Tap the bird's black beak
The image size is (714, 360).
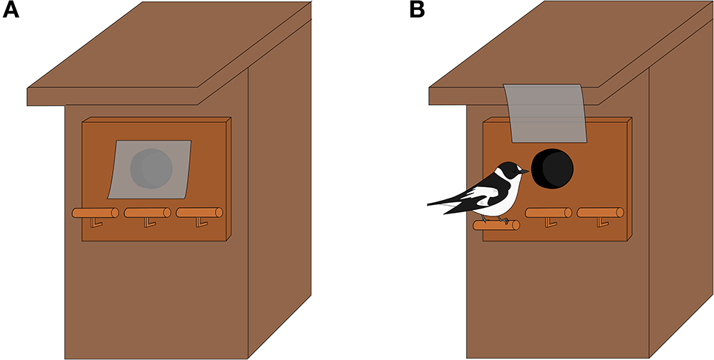coord(525,171)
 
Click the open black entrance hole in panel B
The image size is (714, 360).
coord(553,169)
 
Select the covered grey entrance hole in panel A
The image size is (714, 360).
coord(151,169)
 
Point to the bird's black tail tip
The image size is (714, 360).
coord(431,204)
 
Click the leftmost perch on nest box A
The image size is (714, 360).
coord(95,212)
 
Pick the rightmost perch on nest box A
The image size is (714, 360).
coord(199,212)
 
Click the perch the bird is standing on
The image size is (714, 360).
coord(496,226)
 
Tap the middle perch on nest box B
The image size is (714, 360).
coord(548,212)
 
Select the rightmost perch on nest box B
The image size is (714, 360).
coord(600,212)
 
